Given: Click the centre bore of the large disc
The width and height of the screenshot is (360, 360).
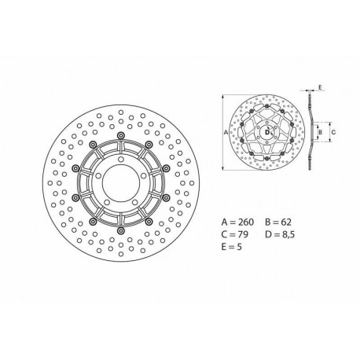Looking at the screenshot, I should [121, 178].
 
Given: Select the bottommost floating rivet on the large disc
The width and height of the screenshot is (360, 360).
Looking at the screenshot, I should [121, 222].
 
